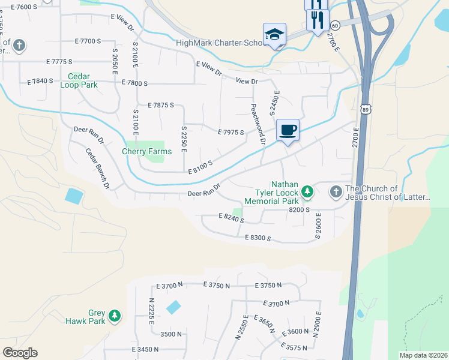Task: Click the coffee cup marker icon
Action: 288,130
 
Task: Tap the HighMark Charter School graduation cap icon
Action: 274,34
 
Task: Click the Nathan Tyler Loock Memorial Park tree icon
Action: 307,191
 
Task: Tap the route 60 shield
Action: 335,25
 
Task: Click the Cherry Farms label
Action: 147,151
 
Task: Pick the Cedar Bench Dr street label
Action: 97,169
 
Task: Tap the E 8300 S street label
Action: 258,238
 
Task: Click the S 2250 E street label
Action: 184,139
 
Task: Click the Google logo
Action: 20,352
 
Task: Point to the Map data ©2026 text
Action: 423,355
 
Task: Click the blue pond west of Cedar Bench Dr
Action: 73,195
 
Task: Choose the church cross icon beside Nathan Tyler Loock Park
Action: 336,192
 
